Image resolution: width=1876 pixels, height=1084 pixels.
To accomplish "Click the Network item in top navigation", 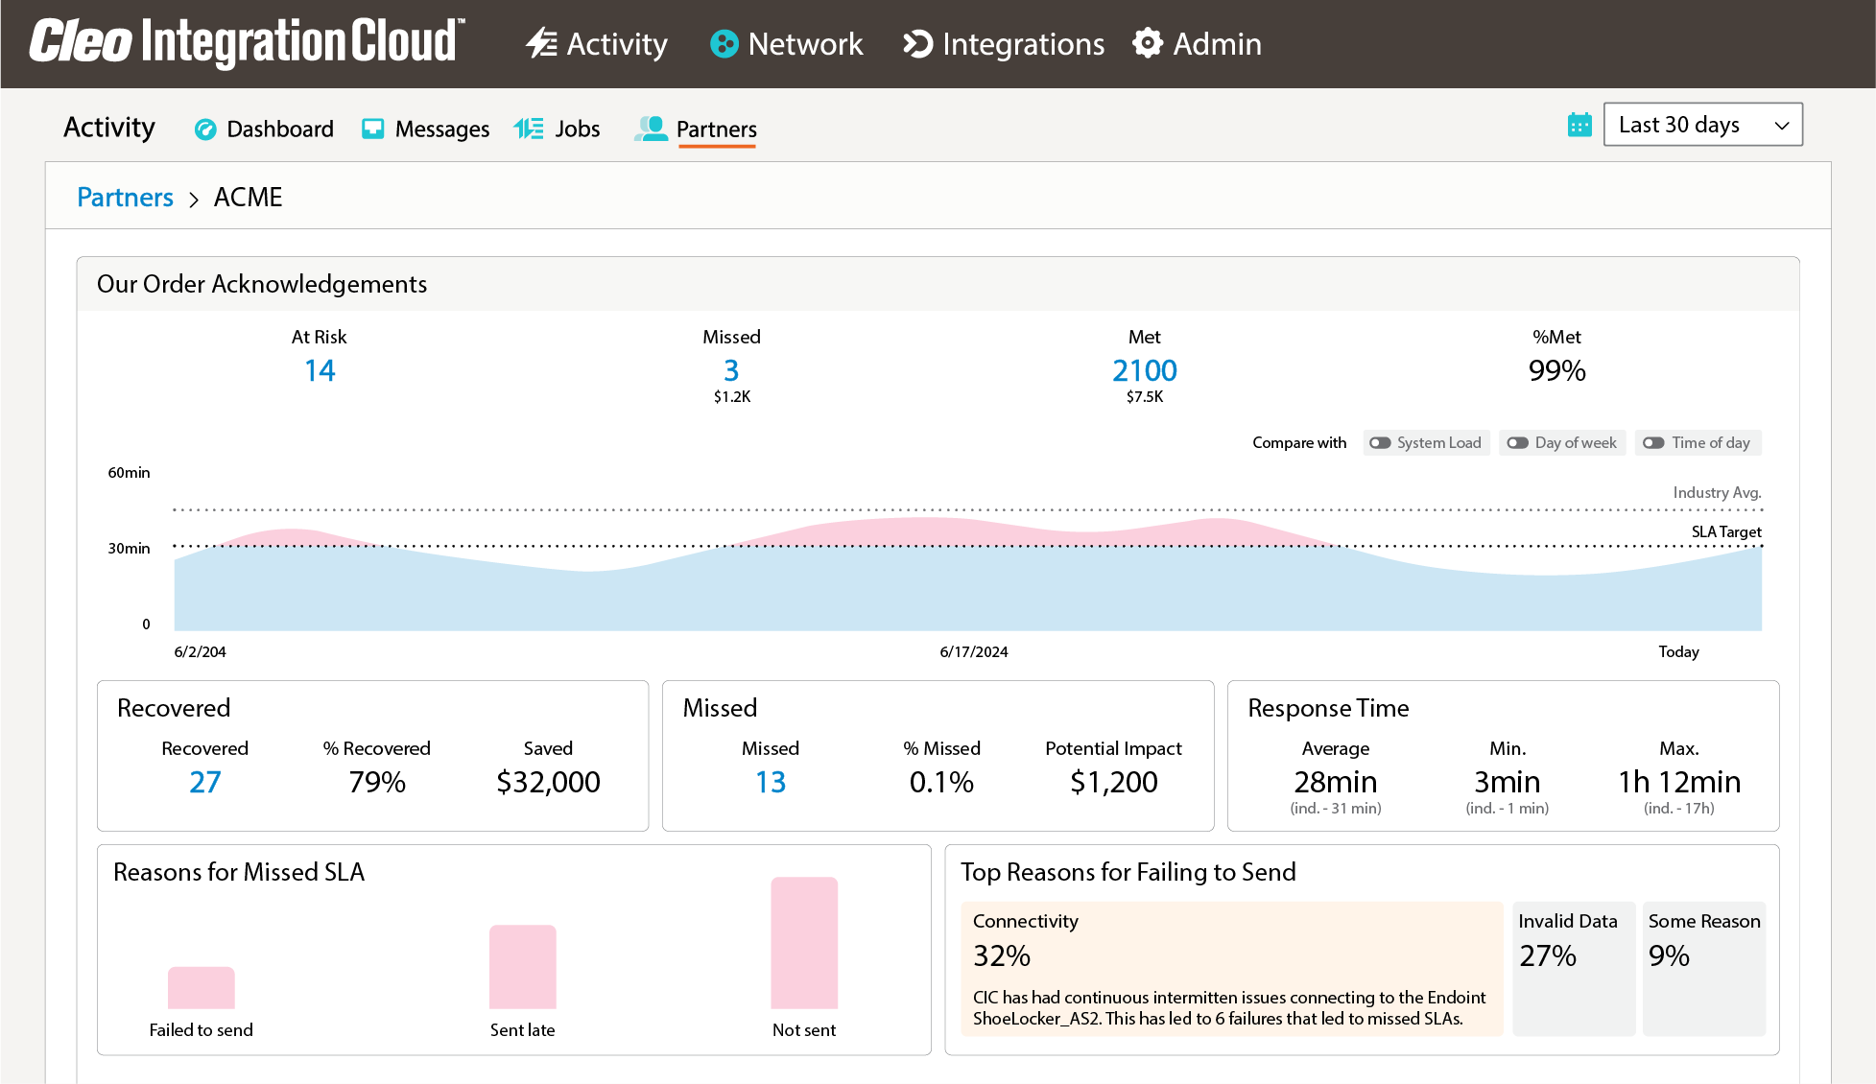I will pyautogui.click(x=787, y=44).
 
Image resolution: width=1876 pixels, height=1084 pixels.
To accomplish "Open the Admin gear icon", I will pyautogui.click(x=1148, y=44).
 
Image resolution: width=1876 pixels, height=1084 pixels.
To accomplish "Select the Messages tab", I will pyautogui.click(x=426, y=130).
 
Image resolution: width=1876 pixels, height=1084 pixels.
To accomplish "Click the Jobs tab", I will pyautogui.click(x=558, y=130).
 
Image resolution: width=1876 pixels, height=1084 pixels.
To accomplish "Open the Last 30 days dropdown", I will pyautogui.click(x=1702, y=125).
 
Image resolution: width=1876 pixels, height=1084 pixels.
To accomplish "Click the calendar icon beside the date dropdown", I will pyautogui.click(x=1579, y=125).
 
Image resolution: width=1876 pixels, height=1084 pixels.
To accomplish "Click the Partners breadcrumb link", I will pyautogui.click(x=125, y=198).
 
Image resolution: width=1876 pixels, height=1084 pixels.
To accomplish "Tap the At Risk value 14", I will pyautogui.click(x=320, y=371).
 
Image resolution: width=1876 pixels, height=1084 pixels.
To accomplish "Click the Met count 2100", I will pyautogui.click(x=1144, y=371).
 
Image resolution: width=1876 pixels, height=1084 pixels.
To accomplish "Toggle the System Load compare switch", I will pyautogui.click(x=1380, y=443).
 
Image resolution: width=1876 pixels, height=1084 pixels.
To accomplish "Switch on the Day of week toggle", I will pyautogui.click(x=1517, y=443).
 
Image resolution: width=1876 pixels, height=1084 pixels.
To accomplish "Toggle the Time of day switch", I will pyautogui.click(x=1653, y=443).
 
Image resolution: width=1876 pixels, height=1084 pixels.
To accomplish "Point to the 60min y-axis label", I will pyautogui.click(x=129, y=473).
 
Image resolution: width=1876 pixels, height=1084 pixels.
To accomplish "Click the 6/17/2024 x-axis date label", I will pyautogui.click(x=973, y=652).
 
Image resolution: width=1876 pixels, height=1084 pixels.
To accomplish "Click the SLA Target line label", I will pyautogui.click(x=1725, y=532).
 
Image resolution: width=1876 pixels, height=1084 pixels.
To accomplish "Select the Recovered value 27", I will pyautogui.click(x=204, y=783).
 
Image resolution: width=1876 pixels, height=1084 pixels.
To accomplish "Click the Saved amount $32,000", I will pyautogui.click(x=548, y=783).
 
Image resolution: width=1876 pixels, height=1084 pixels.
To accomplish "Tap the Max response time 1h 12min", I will pyautogui.click(x=1678, y=783).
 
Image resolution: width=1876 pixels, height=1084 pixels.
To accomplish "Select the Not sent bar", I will pyautogui.click(x=804, y=943).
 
